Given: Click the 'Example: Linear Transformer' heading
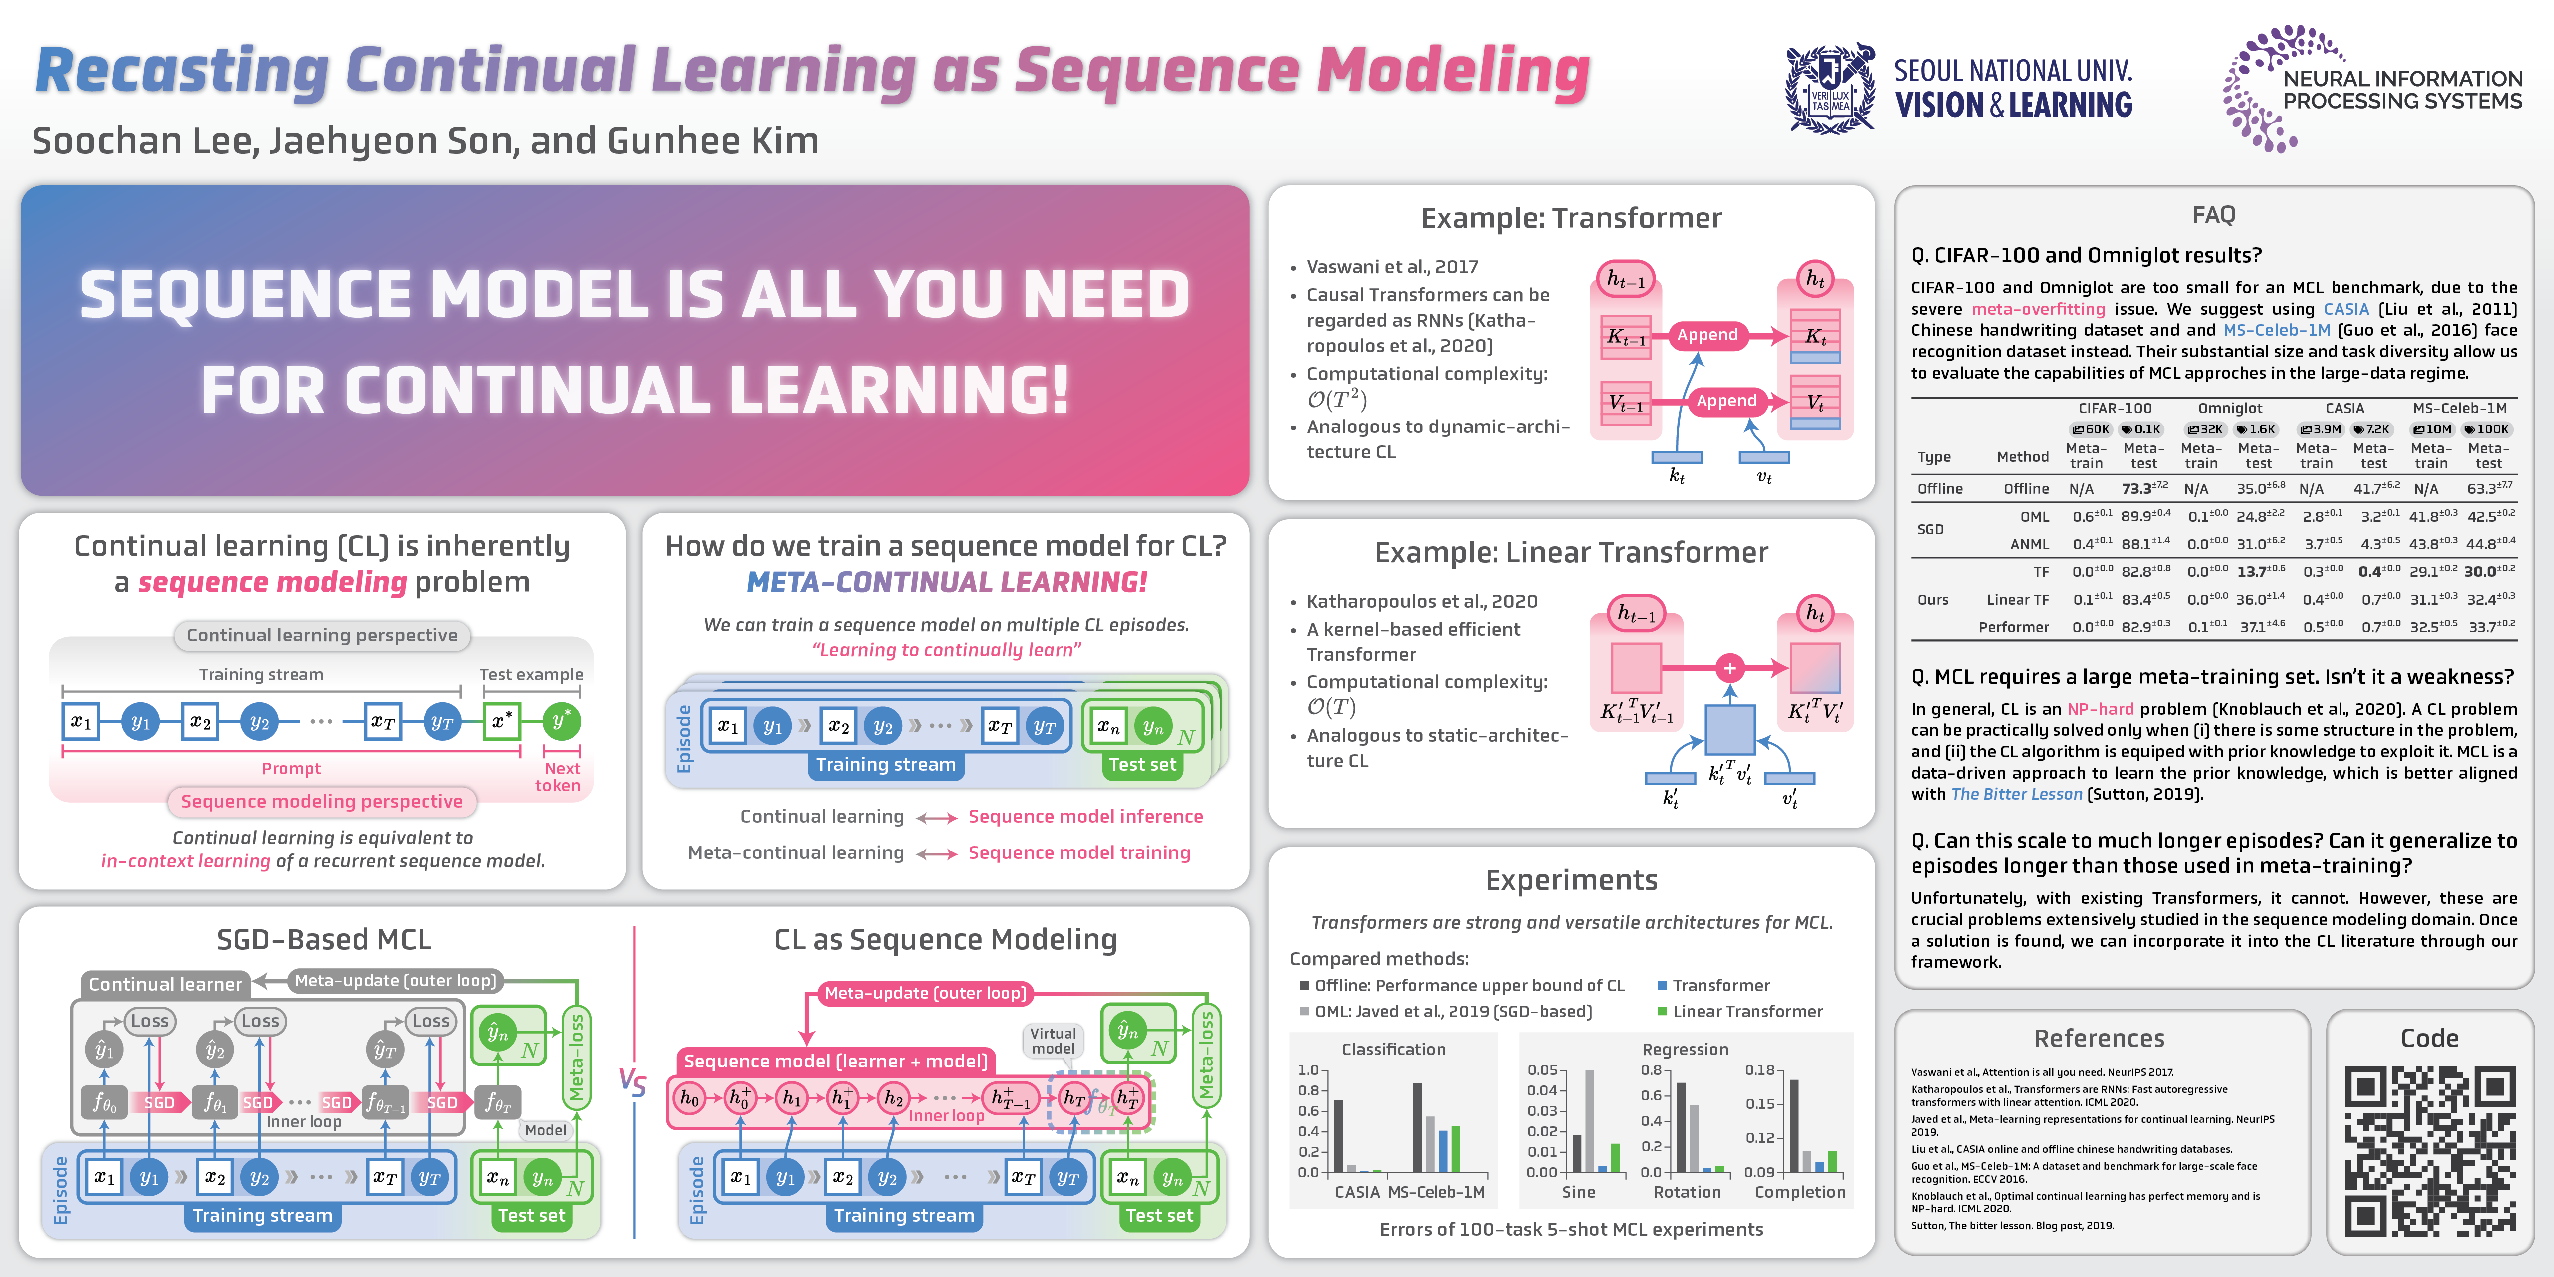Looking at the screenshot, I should tap(1570, 552).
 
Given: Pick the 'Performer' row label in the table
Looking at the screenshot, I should tap(2013, 627).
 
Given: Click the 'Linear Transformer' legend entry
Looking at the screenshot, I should tap(1747, 1011).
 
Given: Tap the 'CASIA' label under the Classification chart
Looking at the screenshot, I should tap(1356, 1192).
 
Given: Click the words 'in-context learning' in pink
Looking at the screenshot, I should tap(186, 860).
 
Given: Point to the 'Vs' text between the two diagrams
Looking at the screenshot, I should tap(633, 1080).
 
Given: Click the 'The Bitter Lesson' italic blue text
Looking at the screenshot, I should tap(2016, 794).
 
